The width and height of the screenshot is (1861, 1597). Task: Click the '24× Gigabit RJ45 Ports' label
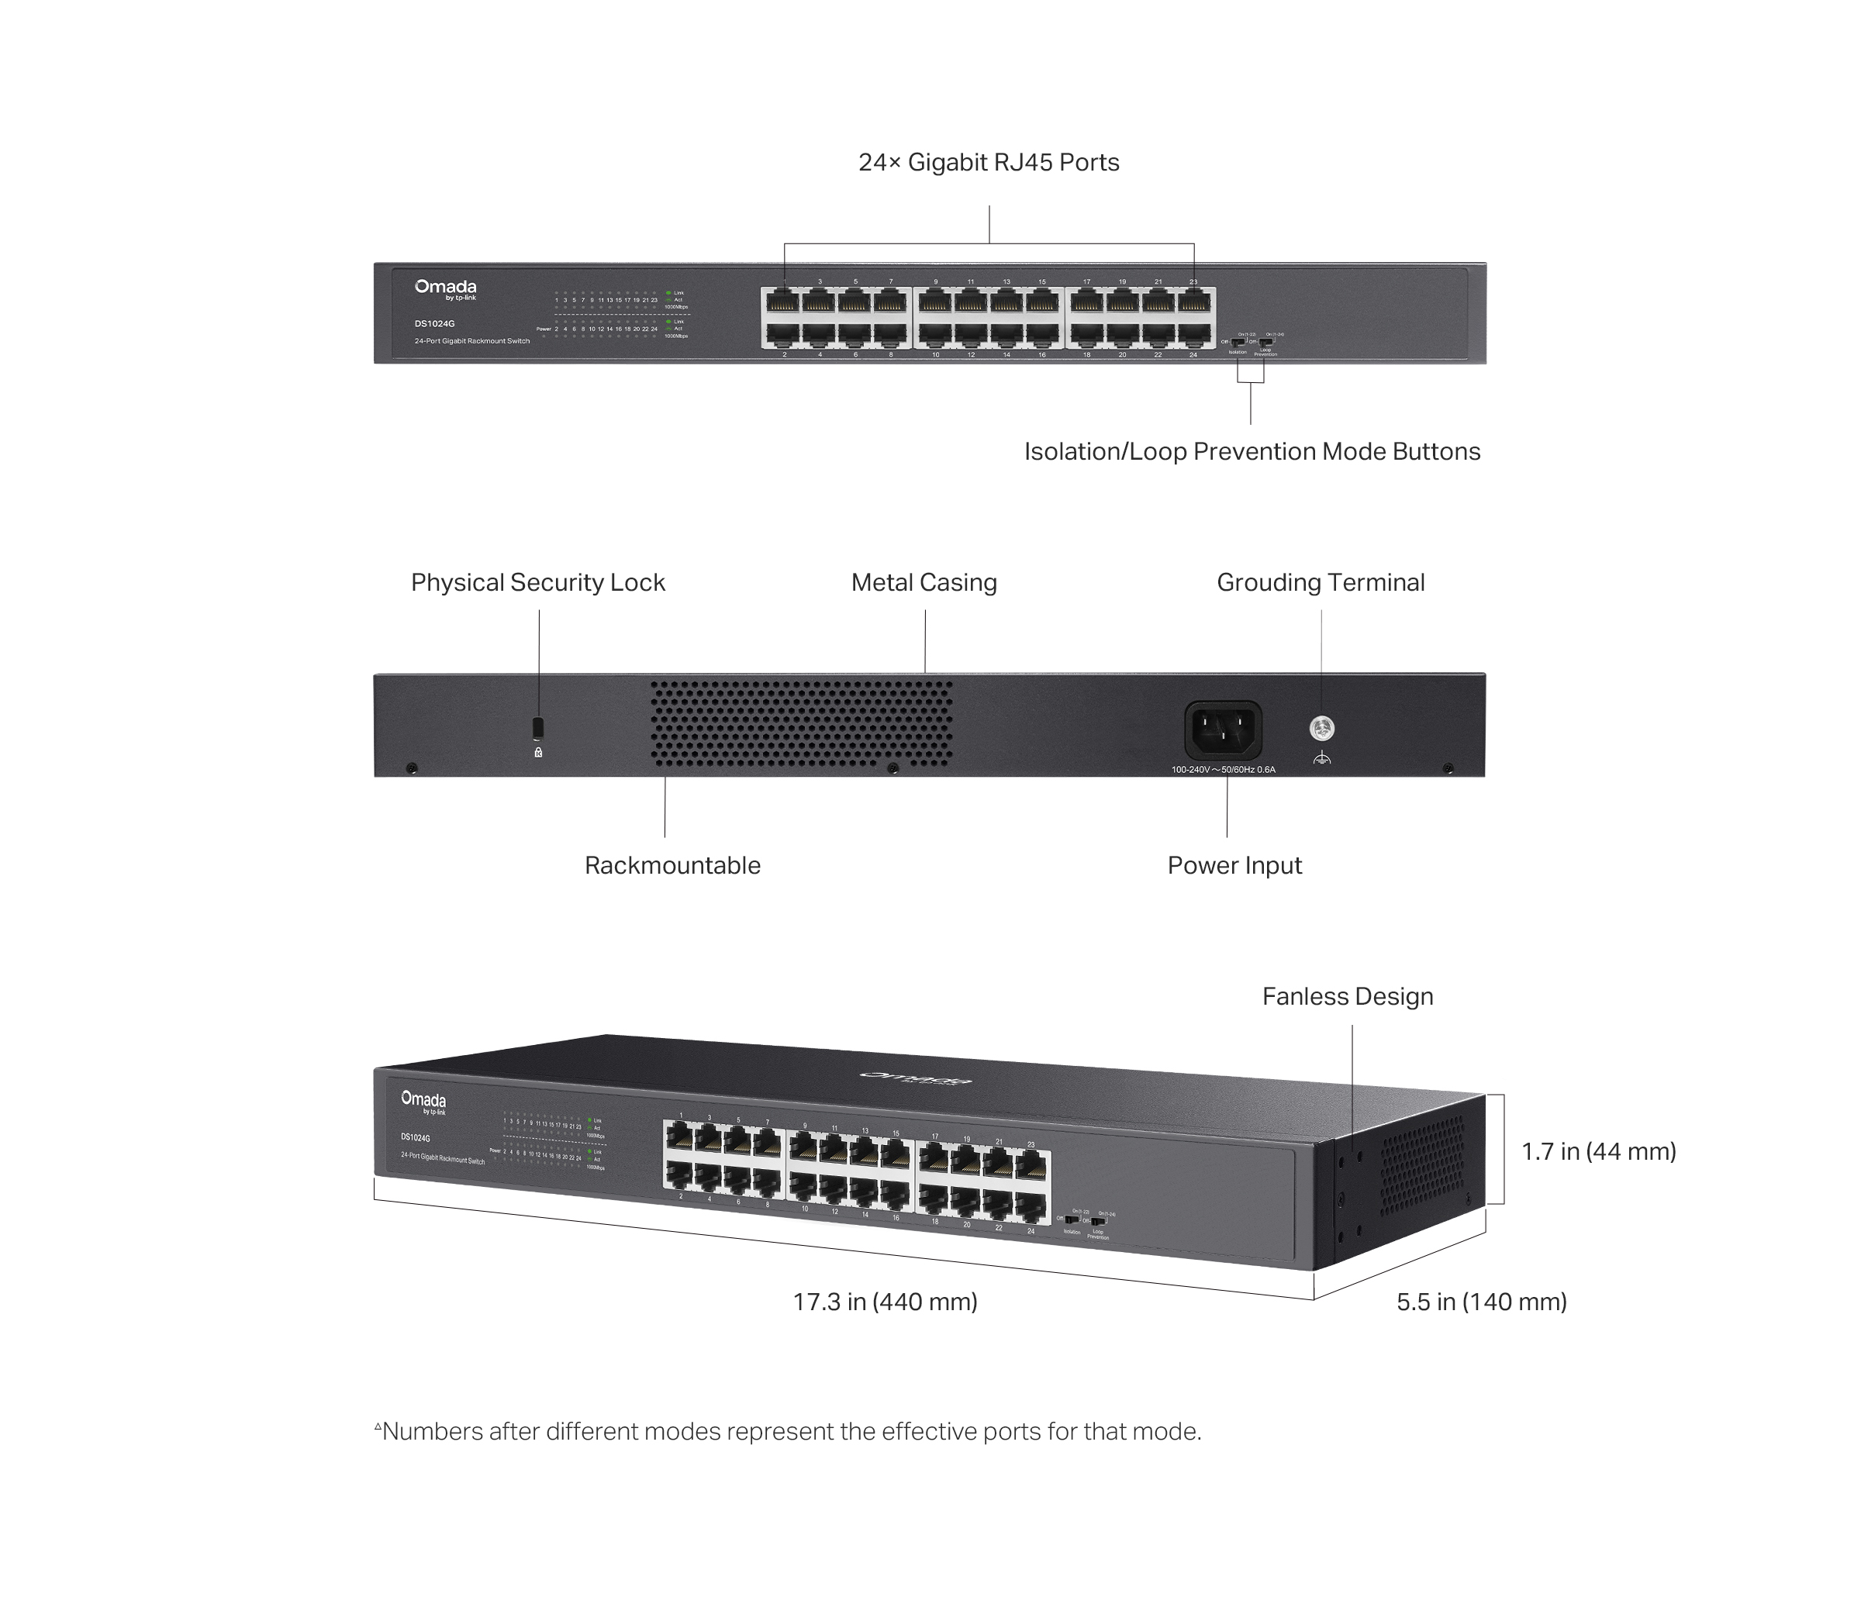click(x=988, y=163)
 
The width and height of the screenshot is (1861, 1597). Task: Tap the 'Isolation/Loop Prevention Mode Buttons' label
click(x=1252, y=451)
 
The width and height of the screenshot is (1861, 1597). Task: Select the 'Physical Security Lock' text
click(x=537, y=582)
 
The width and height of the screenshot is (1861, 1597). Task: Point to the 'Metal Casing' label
click(x=924, y=582)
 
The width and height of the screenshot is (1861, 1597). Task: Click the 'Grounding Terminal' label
click(x=1320, y=582)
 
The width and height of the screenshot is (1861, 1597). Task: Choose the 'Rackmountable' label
click(x=672, y=865)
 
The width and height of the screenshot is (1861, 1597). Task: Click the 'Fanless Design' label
click(x=1346, y=996)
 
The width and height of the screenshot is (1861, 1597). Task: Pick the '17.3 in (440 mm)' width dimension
click(x=885, y=1302)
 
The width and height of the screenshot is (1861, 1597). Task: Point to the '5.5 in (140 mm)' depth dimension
click(x=1480, y=1302)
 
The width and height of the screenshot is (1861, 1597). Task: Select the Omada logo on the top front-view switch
click(x=446, y=288)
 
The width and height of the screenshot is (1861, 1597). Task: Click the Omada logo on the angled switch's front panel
click(x=423, y=1101)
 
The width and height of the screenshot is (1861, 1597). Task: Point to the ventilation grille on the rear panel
click(x=801, y=723)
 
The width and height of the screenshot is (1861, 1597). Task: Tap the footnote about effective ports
click(x=788, y=1431)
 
